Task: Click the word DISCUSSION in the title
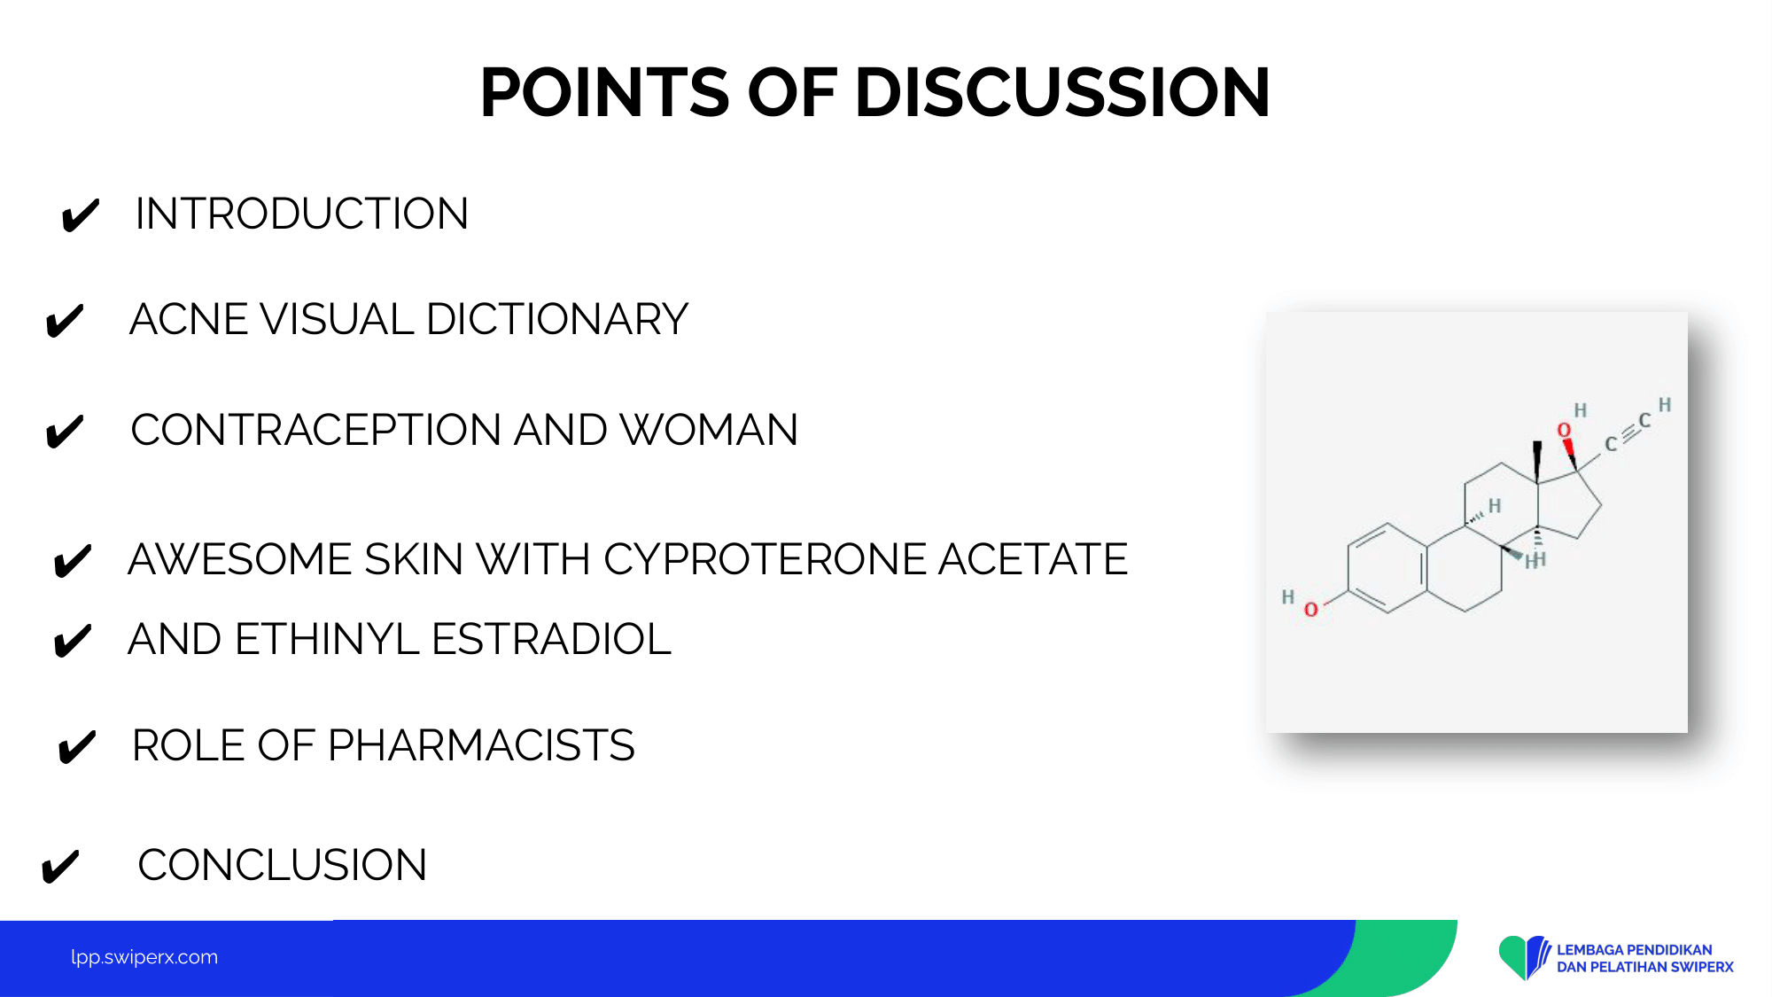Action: tap(1062, 92)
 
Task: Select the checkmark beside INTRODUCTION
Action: tap(80, 215)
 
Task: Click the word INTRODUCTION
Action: tap(302, 214)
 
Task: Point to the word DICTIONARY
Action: tap(557, 319)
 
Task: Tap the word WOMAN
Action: tap(709, 430)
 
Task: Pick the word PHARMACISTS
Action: tap(481, 745)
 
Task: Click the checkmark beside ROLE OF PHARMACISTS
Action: tap(76, 747)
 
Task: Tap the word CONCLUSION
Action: tap(283, 865)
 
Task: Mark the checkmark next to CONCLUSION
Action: tap(60, 867)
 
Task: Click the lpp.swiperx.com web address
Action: tap(144, 957)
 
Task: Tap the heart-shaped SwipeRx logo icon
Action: tap(1524, 957)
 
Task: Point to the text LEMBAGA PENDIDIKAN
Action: tap(1635, 950)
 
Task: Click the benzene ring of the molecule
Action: tap(1387, 568)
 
